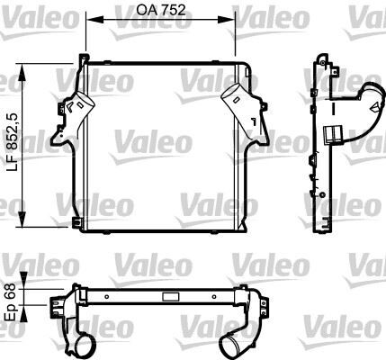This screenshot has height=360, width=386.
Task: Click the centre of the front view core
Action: tap(160, 144)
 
